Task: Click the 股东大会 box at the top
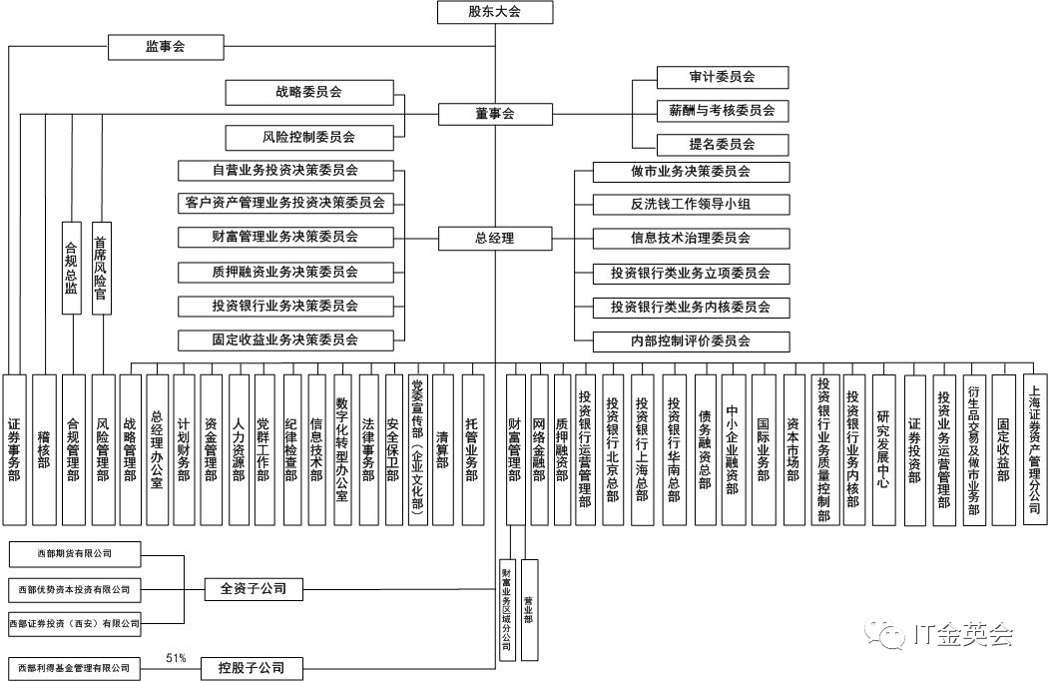pos(494,12)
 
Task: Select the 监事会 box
pos(165,46)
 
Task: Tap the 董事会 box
pos(494,114)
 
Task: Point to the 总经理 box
pos(494,239)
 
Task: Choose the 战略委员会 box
pos(308,92)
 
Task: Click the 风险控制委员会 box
pos(308,137)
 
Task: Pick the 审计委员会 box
pos(722,77)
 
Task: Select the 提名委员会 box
pos(722,144)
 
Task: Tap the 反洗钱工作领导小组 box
pos(691,205)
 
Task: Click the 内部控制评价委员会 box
pos(691,341)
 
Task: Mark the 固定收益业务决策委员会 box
pos(284,340)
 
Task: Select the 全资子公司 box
pos(253,589)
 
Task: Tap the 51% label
pos(177,658)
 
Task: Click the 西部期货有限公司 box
pos(74,552)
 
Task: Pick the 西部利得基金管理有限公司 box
pos(74,667)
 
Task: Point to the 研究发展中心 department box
pos(882,449)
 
